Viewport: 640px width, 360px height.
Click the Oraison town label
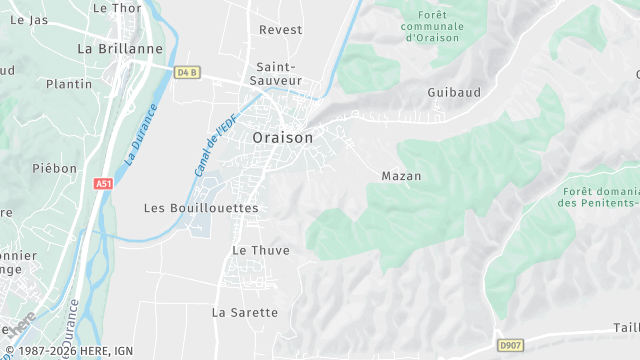[x=282, y=137]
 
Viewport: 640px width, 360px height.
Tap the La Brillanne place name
[x=119, y=47]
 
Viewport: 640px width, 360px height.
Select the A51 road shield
[x=103, y=183]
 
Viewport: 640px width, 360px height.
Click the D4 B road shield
[x=187, y=72]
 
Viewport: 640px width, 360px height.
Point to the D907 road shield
[x=510, y=345]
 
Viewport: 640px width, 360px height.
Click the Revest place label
[x=280, y=30]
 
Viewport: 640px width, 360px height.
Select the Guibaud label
[x=453, y=92]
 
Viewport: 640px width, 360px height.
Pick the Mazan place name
[x=401, y=176]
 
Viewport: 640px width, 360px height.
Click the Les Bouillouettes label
[x=201, y=208]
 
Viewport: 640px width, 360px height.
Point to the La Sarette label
[x=245, y=312]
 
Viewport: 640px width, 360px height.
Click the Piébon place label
[x=54, y=169]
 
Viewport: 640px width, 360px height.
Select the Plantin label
[x=69, y=84]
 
